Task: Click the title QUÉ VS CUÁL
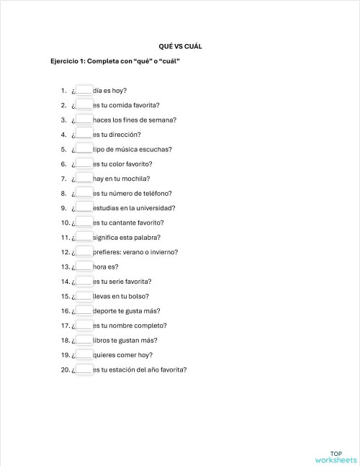point(180,46)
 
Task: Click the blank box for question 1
point(84,91)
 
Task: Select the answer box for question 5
point(84,149)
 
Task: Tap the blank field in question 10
point(84,223)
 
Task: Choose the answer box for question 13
point(84,266)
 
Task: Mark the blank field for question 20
point(84,369)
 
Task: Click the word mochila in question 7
point(136,179)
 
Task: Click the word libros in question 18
point(102,340)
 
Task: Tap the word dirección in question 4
point(125,135)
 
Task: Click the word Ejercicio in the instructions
point(65,61)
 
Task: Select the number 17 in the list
point(65,326)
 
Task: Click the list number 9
point(64,208)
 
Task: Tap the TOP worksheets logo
point(336,457)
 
